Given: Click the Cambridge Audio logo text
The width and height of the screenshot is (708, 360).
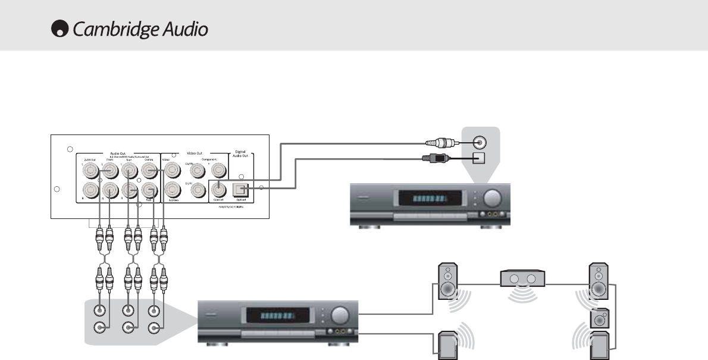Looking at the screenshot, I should point(140,30).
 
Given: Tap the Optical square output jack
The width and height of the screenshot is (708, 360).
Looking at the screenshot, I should point(241,188).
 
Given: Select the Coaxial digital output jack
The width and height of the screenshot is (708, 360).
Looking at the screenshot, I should point(218,189).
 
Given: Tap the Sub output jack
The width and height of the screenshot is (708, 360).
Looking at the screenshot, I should point(149,190).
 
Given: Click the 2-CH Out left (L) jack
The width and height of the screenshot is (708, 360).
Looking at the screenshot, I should point(90,171).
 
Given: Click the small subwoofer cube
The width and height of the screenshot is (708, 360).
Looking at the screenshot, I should point(599,318).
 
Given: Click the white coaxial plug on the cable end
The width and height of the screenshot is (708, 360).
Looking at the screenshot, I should point(440,143).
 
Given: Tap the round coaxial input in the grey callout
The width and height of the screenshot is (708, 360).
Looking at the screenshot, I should point(479,143).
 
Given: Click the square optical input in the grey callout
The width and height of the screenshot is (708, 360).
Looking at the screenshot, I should point(479,158).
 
